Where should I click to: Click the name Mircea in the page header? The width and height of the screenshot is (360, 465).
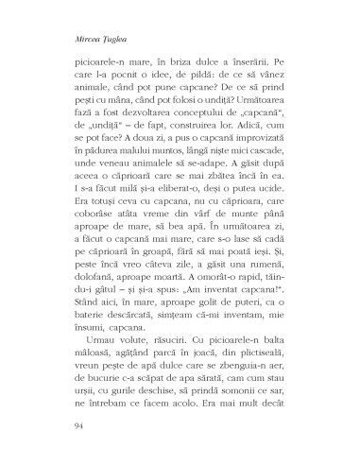[x=73, y=41]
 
